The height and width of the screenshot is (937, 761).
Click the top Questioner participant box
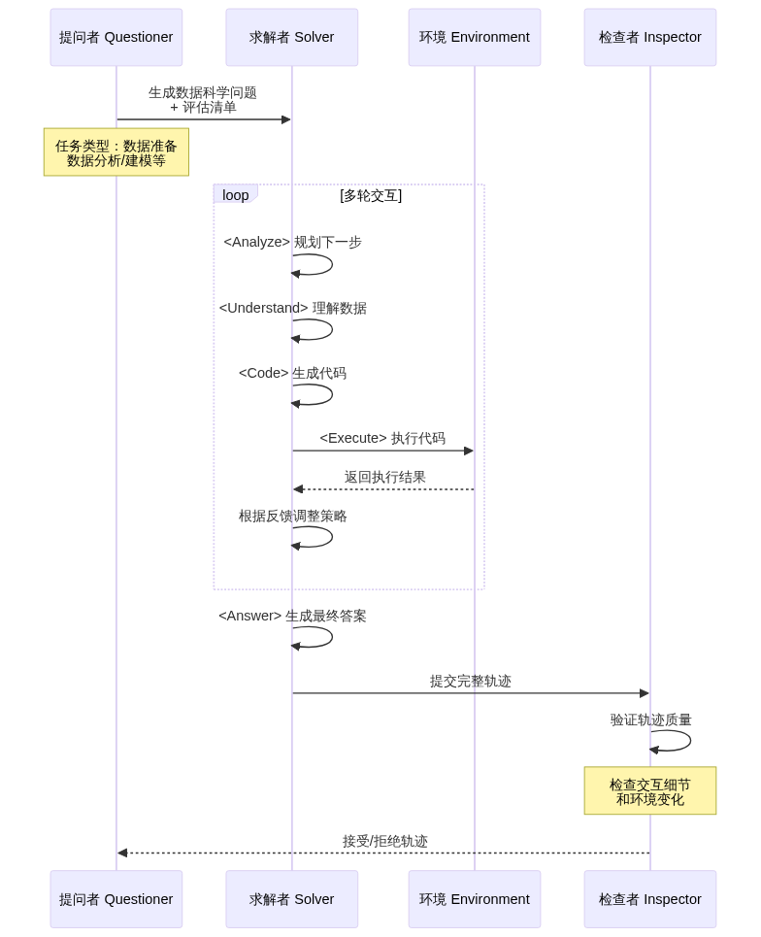click(116, 37)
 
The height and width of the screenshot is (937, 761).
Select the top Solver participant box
click(291, 37)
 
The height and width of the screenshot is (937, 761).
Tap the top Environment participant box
click(475, 37)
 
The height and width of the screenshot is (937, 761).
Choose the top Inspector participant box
click(649, 37)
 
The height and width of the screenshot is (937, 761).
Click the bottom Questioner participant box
click(116, 899)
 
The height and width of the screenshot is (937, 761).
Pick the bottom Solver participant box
click(291, 899)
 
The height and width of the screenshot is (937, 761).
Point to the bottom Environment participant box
click(475, 899)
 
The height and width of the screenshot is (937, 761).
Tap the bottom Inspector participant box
click(649, 899)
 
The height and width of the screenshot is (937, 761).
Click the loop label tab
click(235, 194)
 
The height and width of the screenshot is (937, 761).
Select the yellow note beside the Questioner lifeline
click(116, 152)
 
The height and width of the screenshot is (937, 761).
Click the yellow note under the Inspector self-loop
click(649, 791)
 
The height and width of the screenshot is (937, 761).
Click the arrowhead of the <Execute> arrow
click(470, 451)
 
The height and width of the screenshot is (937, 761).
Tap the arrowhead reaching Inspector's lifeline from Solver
click(645, 693)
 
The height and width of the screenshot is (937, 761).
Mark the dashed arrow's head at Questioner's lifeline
click(121, 853)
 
